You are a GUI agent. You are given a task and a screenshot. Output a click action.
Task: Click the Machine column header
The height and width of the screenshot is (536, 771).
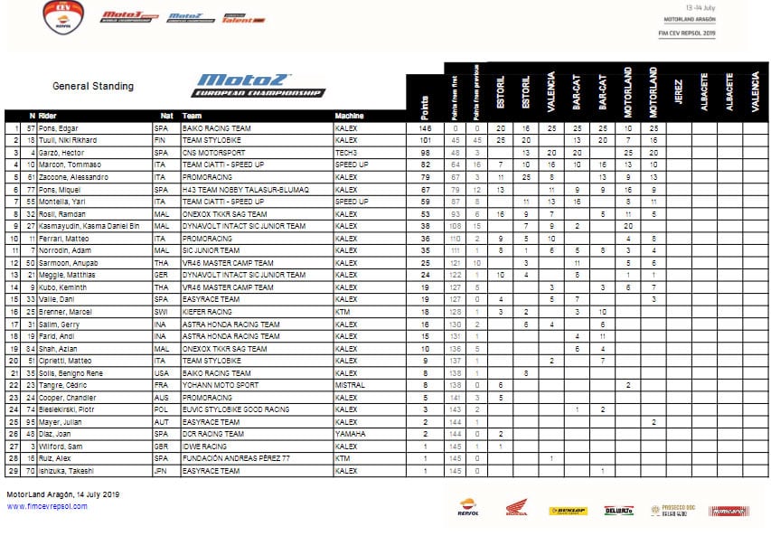tap(349, 117)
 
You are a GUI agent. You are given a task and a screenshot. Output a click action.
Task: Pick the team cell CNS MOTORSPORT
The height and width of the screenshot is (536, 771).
tap(214, 153)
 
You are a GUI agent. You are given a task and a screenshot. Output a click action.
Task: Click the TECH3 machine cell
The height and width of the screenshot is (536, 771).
tap(345, 153)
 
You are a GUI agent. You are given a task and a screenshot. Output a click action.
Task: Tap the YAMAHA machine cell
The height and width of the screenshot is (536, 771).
tap(348, 434)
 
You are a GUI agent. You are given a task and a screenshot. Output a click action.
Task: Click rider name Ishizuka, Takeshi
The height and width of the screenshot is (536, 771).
tap(66, 471)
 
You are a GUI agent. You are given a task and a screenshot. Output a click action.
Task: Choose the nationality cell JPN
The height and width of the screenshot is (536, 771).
tap(164, 471)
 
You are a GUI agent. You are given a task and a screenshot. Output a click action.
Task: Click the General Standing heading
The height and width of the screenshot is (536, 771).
tap(93, 87)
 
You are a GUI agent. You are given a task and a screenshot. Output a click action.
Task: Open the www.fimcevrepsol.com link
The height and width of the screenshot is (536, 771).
tap(48, 506)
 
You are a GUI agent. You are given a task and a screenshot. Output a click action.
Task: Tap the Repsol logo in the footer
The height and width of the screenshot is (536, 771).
tap(468, 511)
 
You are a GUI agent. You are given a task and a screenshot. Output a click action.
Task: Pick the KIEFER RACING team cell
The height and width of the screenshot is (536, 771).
tap(209, 312)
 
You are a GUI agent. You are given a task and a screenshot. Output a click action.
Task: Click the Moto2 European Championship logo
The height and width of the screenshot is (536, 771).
tap(260, 85)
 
